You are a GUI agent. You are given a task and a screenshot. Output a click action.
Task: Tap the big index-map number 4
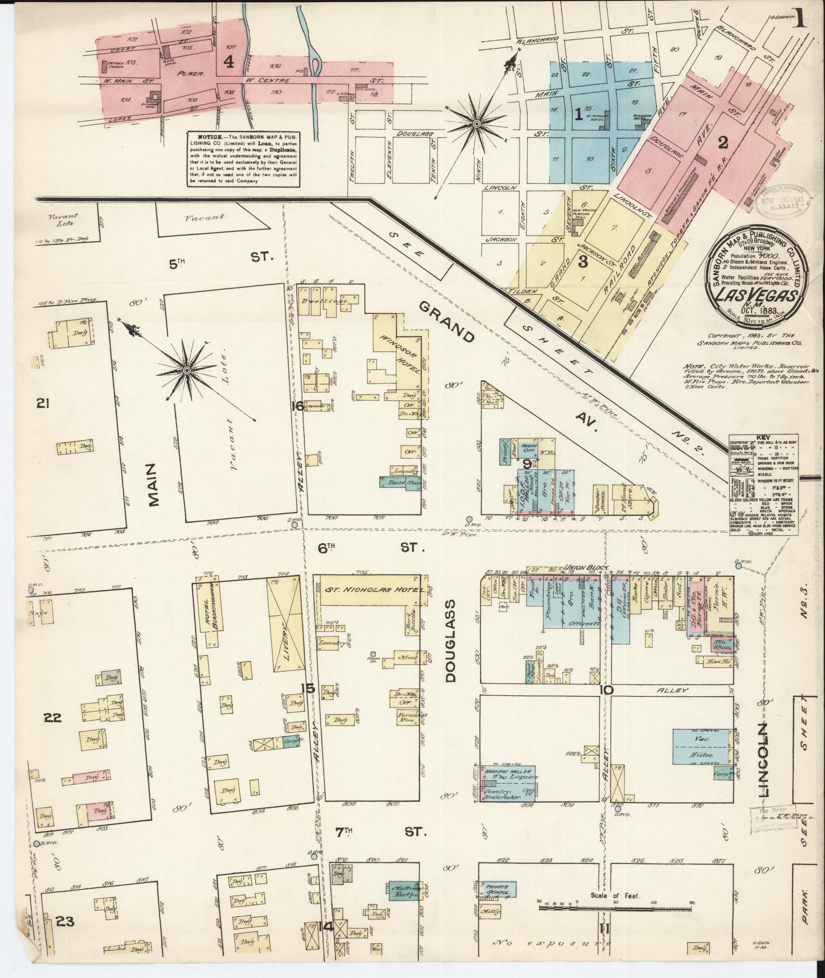click(x=229, y=62)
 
